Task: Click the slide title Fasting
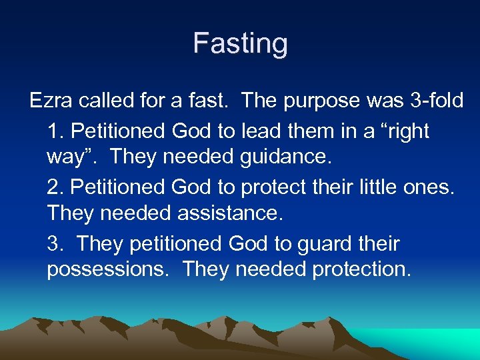coord(240,44)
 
